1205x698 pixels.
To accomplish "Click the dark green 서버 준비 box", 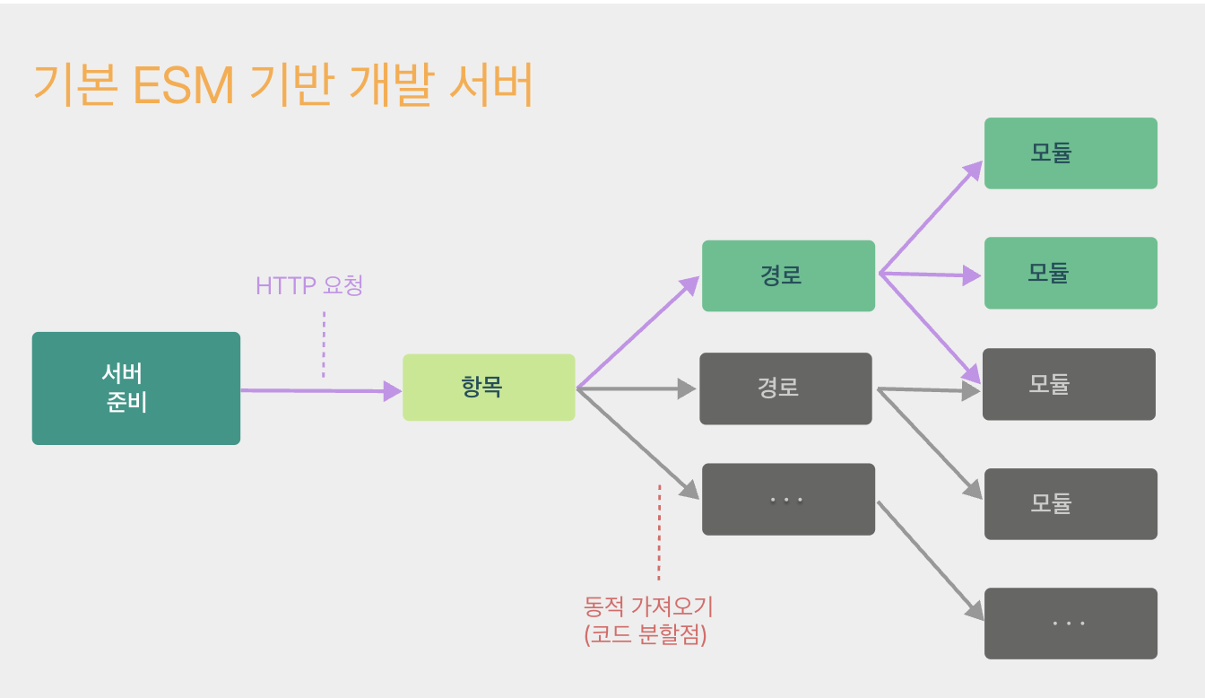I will click(136, 388).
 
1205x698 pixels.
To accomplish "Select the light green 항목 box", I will click(489, 388).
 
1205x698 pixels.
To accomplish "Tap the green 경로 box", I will click(788, 275).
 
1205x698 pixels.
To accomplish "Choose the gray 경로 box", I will click(785, 388).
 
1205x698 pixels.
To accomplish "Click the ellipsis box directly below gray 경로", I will click(788, 499).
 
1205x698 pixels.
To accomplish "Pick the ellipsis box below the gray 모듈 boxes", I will click(1071, 623).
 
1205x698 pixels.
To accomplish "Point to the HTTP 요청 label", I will click(309, 286).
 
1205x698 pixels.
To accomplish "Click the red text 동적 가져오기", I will click(648, 606).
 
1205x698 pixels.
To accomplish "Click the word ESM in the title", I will click(182, 86).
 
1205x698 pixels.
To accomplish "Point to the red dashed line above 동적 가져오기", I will click(659, 533).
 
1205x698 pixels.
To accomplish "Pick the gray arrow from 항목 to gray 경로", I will click(636, 389).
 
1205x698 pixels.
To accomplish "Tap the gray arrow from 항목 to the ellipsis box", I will click(637, 443).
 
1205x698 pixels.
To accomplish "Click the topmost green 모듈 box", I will click(1071, 153).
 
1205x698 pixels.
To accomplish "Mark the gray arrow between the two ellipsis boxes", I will click(930, 561).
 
